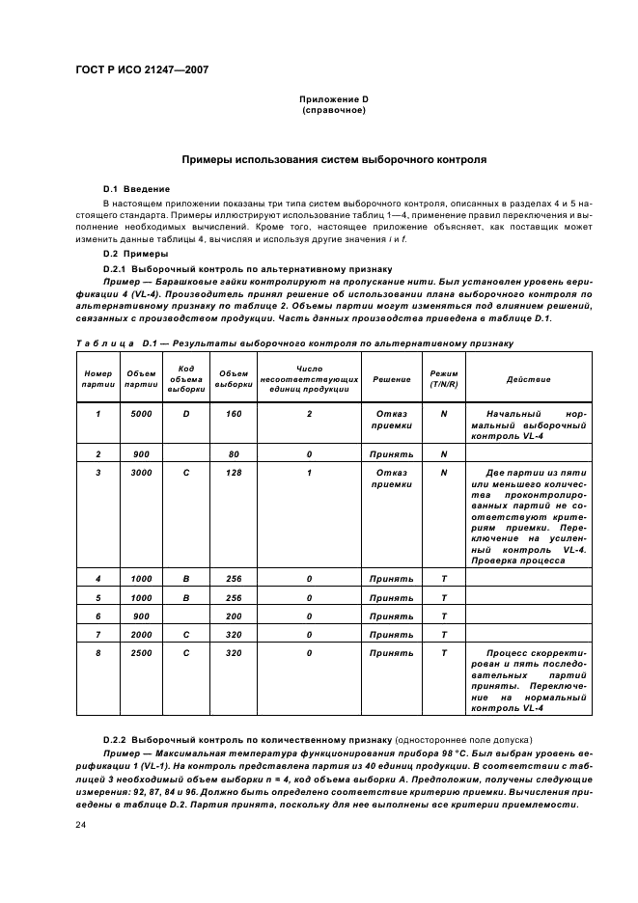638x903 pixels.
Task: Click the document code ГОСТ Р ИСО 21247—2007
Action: pos(142,69)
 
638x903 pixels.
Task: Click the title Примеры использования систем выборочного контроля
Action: pos(334,158)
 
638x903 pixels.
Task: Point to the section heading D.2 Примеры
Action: pos(135,254)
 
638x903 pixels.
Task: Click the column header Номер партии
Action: pos(97,379)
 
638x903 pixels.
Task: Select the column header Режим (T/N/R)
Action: pos(444,379)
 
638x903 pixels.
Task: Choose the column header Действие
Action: pos(528,379)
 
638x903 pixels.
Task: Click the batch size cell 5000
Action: pos(141,413)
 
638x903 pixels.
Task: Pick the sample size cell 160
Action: pos(234,413)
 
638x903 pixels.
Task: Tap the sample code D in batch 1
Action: pos(186,413)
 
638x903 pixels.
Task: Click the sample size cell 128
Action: pos(234,473)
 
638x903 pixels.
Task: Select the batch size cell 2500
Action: pos(141,653)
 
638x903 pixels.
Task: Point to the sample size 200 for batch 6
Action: pos(234,616)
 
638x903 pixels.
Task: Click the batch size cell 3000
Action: pos(141,473)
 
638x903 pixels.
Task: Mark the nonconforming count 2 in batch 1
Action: pos(309,413)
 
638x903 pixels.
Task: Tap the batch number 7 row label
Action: pos(97,634)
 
